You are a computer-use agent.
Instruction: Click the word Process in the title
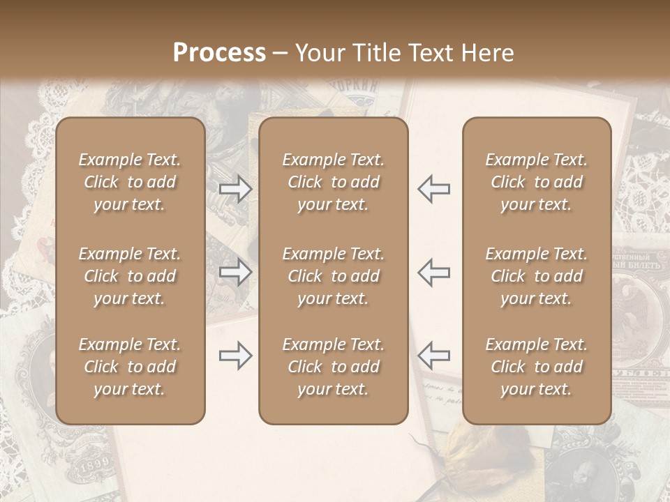[x=219, y=53]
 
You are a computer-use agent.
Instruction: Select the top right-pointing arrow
[x=236, y=188]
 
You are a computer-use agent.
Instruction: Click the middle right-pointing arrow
[x=236, y=272]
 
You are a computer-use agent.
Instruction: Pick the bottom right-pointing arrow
[x=236, y=356]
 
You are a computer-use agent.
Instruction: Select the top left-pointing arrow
[x=433, y=188]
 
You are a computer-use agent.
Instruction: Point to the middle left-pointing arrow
[x=433, y=272]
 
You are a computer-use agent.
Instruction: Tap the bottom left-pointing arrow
[x=433, y=356]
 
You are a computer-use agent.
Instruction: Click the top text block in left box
[x=130, y=182]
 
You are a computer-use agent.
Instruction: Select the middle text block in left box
[x=130, y=276]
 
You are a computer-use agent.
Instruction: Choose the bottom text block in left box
[x=130, y=367]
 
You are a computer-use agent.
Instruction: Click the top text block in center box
[x=333, y=182]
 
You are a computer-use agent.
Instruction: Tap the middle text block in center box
[x=333, y=276]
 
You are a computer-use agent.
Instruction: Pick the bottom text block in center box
[x=333, y=367]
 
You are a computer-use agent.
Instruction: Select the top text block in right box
[x=537, y=182]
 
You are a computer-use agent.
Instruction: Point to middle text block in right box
[x=537, y=276]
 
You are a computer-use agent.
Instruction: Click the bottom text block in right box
[x=537, y=367]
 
